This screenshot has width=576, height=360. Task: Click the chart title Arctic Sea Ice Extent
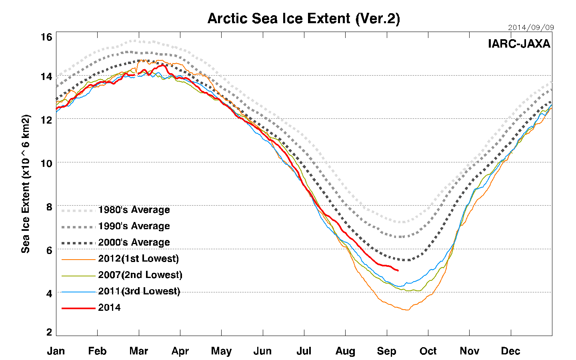304,19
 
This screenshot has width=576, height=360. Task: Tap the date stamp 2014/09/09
531,28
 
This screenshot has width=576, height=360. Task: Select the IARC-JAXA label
519,44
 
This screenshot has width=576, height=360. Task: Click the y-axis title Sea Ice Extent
26,184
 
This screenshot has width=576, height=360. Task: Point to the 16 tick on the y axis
46,37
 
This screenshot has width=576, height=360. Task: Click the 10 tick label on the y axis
46,163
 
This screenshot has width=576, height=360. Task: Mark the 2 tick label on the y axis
49,332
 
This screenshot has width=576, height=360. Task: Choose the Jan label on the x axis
56,351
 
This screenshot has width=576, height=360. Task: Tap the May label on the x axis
221,351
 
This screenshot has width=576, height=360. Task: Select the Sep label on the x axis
386,351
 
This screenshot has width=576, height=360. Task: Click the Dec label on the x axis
510,351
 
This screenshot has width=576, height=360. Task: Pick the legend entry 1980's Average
134,210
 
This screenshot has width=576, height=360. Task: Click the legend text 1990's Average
134,226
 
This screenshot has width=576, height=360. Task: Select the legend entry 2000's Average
134,242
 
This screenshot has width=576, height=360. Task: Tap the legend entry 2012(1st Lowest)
138,259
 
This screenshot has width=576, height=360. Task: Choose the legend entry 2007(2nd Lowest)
140,275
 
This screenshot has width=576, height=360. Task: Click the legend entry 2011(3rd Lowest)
139,291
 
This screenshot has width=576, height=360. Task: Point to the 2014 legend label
109,308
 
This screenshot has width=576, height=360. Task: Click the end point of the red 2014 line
398,271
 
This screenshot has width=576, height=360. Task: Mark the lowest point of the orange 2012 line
406,310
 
